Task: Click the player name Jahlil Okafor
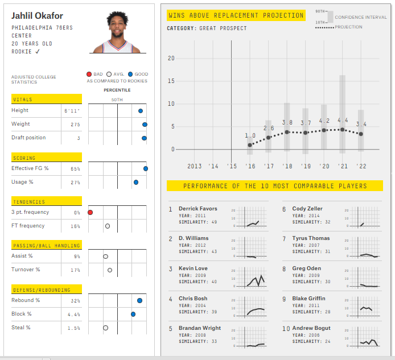pos(37,16)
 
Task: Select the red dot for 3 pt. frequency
pos(90,212)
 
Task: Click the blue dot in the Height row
pos(141,111)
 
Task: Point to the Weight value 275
pos(75,124)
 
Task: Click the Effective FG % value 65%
pos(75,169)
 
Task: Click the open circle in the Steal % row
pos(106,328)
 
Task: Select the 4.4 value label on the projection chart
pos(343,121)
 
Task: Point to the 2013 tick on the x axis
pos(195,166)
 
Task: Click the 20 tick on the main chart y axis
pos(171,59)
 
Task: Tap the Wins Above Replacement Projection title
pos(236,15)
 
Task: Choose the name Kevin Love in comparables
pos(193,268)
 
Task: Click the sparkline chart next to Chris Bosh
pos(251,307)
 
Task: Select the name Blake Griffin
pos(308,299)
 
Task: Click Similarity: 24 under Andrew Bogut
pos(311,341)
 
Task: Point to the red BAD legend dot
pos(89,75)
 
